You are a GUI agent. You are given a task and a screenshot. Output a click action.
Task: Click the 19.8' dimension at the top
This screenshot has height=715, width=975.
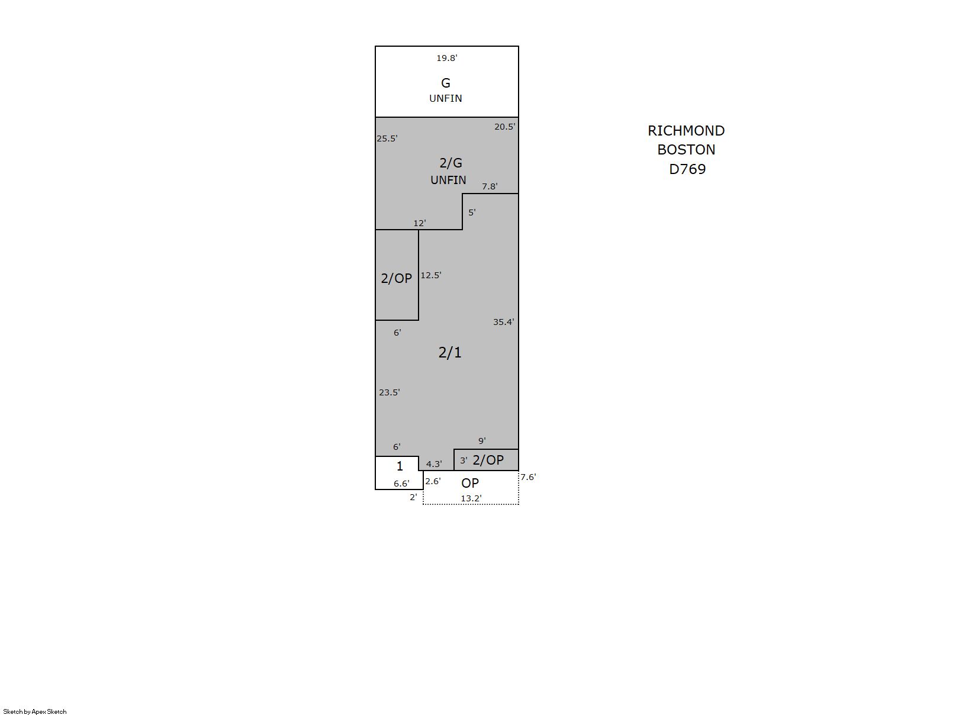point(446,58)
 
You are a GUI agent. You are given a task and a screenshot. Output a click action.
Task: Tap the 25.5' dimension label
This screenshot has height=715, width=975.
point(387,139)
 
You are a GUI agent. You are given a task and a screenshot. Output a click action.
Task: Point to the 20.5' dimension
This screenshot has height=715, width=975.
point(504,127)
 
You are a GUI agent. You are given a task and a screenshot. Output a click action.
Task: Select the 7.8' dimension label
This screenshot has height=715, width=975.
point(489,186)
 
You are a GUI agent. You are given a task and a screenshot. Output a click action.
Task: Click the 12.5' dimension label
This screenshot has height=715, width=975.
point(430,275)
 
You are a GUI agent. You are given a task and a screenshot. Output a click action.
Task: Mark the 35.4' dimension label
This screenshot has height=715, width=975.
point(503,322)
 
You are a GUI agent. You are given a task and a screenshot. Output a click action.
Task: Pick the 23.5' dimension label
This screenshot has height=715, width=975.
point(389,392)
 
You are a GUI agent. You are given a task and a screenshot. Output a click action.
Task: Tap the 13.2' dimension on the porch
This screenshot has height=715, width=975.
point(471,499)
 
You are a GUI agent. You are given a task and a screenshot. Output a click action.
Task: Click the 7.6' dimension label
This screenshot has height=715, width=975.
point(528,477)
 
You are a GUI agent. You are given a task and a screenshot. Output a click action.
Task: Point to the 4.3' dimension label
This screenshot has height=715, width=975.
point(434,464)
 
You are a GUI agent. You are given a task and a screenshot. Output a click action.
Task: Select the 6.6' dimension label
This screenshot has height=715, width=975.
point(401,484)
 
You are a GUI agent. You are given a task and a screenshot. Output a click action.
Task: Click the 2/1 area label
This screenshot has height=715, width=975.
point(450,353)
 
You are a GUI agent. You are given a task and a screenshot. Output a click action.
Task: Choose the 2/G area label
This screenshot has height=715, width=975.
point(451,163)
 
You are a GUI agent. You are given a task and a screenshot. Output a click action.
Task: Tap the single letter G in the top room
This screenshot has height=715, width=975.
point(446,83)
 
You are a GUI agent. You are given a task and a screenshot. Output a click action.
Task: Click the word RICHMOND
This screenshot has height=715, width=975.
point(686,131)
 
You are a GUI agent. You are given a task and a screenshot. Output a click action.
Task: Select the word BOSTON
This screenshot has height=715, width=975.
point(686,150)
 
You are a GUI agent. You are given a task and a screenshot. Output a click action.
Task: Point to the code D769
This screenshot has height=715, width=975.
point(687,169)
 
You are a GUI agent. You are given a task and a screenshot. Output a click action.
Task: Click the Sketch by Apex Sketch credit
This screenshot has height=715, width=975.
point(35,711)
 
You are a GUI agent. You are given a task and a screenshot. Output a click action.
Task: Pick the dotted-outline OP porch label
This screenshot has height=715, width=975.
point(470,483)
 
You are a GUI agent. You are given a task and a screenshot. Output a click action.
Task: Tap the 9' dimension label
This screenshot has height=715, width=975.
point(482,441)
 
